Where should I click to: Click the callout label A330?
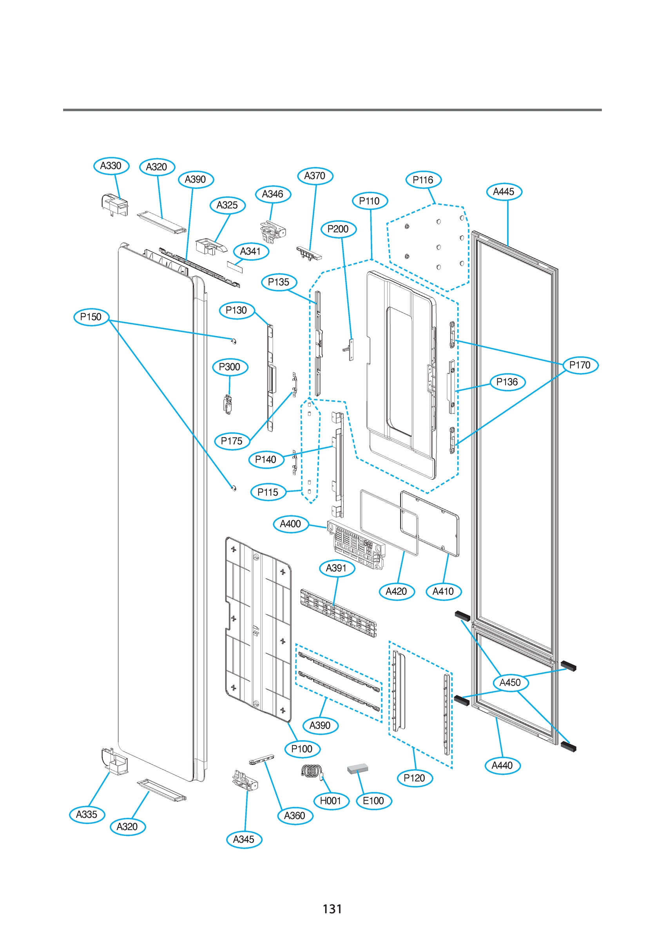pos(111,166)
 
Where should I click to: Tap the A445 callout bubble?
pos(504,192)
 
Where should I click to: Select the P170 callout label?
pos(580,365)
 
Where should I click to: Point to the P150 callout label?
pos(91,316)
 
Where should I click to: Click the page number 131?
pos(332,909)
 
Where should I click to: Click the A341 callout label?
pos(250,251)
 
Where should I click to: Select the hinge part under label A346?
pos(272,231)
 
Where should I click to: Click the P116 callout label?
pos(423,180)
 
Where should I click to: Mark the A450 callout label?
pos(510,683)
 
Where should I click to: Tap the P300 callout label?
pos(230,367)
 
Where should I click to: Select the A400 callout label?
pos(290,524)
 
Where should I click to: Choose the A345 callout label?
pos(244,839)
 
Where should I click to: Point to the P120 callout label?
pos(414,778)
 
